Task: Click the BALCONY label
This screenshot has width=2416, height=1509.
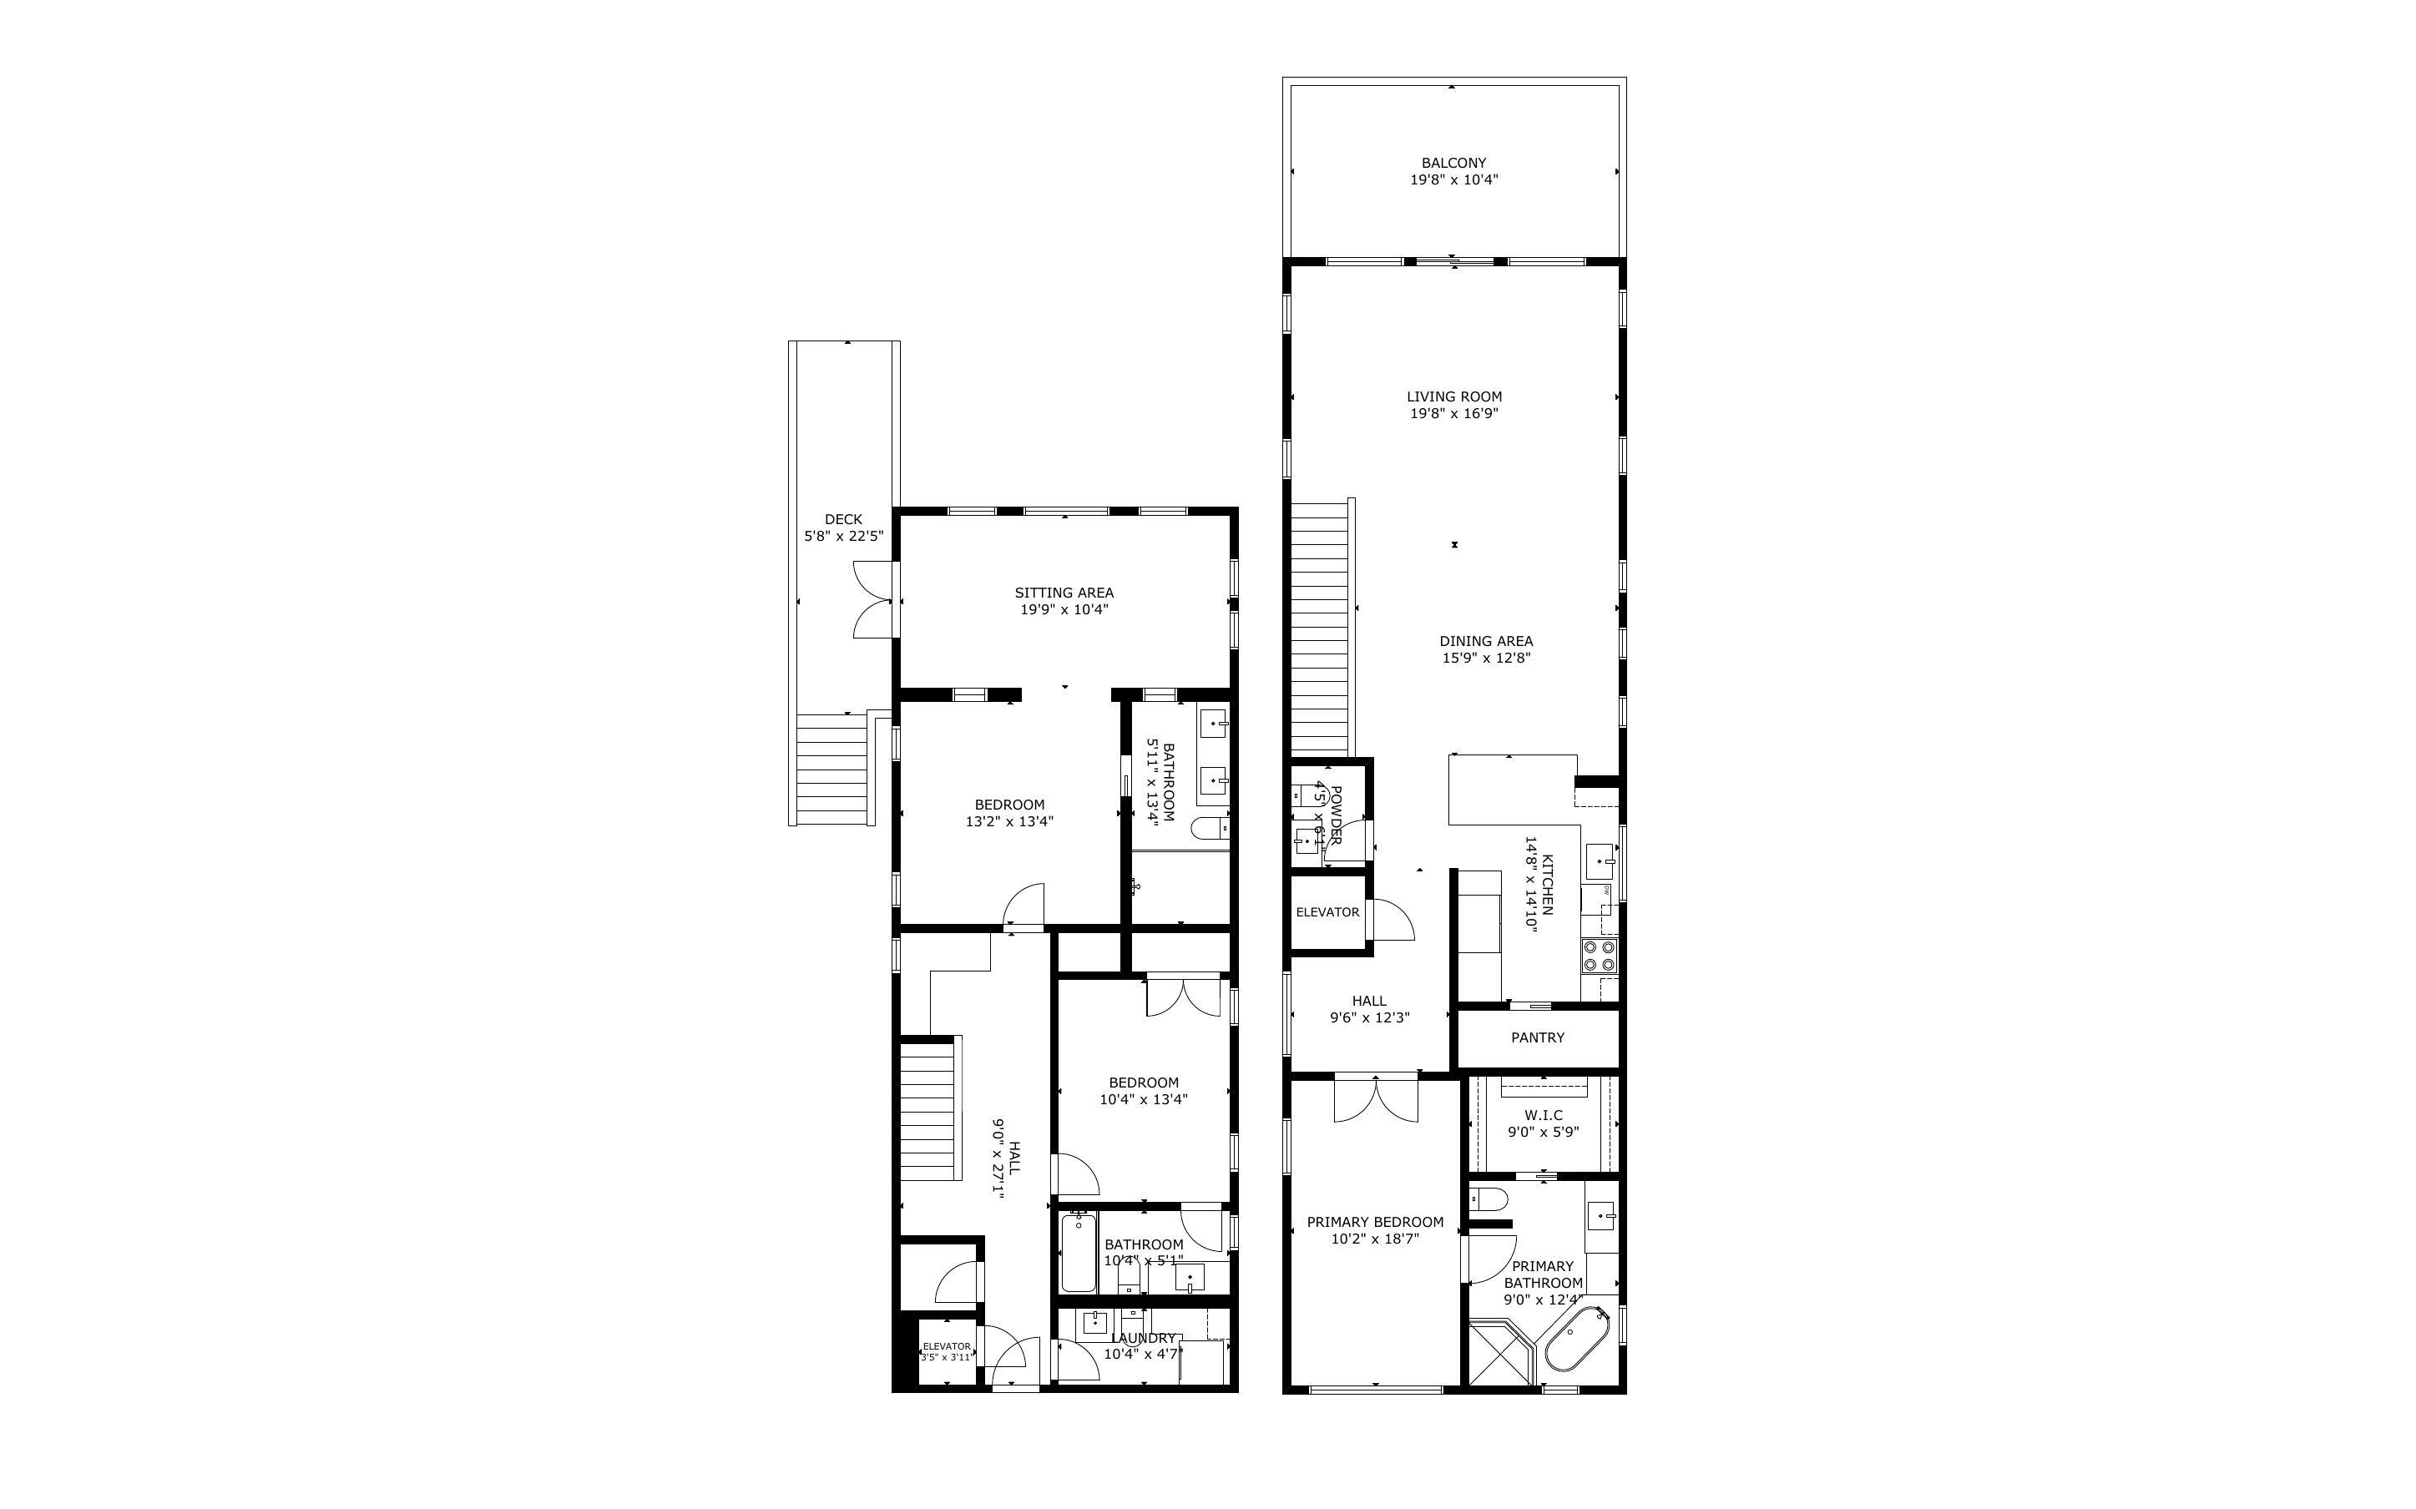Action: point(1453,163)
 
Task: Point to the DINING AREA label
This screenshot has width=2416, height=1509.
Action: point(1486,642)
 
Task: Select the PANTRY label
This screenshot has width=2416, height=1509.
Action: point(1537,1038)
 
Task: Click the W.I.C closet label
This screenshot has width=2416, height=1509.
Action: point(1543,1115)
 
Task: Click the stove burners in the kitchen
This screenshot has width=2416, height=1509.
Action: point(1599,956)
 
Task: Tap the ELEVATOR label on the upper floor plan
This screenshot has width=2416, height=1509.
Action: point(1327,912)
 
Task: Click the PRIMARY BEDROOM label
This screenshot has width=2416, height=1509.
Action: point(1374,1222)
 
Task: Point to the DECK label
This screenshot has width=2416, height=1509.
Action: point(843,519)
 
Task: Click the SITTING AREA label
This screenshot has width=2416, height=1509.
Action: point(1064,593)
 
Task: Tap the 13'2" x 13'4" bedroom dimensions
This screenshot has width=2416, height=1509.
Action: point(1009,822)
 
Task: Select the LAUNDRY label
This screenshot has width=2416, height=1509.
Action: point(1143,1339)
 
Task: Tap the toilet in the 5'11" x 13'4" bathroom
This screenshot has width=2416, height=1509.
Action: point(1211,828)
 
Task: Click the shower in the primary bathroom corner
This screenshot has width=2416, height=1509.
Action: point(1501,1355)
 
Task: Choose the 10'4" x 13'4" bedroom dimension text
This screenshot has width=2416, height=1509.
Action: point(1144,1100)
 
